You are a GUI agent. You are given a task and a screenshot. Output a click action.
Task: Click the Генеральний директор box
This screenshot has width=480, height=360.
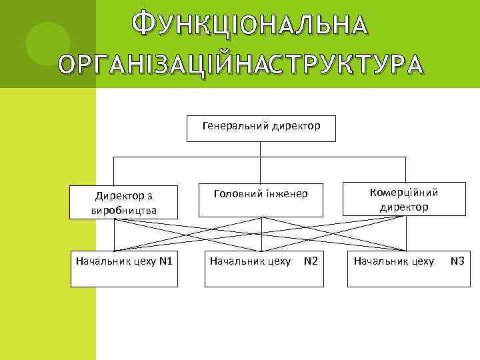[x=261, y=128]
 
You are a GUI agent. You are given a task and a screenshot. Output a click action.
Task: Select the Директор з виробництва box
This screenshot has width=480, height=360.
[x=125, y=203]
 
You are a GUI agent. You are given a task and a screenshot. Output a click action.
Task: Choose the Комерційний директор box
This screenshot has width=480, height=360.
[x=404, y=199]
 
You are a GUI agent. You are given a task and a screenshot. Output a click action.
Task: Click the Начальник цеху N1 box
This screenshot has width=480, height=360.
[x=125, y=269]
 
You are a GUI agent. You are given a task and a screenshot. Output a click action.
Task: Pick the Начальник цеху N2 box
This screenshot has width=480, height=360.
[x=264, y=269]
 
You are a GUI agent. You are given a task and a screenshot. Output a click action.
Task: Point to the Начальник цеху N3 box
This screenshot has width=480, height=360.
[x=408, y=269]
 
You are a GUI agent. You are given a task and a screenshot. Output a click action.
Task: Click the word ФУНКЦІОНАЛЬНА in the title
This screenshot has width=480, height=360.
[x=249, y=25]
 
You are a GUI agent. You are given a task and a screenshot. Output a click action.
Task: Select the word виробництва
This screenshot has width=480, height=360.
[x=124, y=211]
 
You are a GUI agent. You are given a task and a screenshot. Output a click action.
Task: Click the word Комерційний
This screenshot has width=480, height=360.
[x=404, y=193]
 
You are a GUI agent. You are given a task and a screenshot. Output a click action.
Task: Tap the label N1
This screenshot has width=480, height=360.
[x=166, y=261]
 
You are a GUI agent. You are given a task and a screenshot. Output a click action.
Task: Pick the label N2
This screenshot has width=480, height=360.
[x=310, y=261]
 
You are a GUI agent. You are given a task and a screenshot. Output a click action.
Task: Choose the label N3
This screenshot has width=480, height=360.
[x=457, y=261]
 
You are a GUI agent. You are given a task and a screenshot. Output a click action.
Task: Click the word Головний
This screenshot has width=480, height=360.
[x=235, y=194]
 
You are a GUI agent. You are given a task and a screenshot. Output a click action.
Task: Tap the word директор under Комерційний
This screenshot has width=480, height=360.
[x=404, y=207]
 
